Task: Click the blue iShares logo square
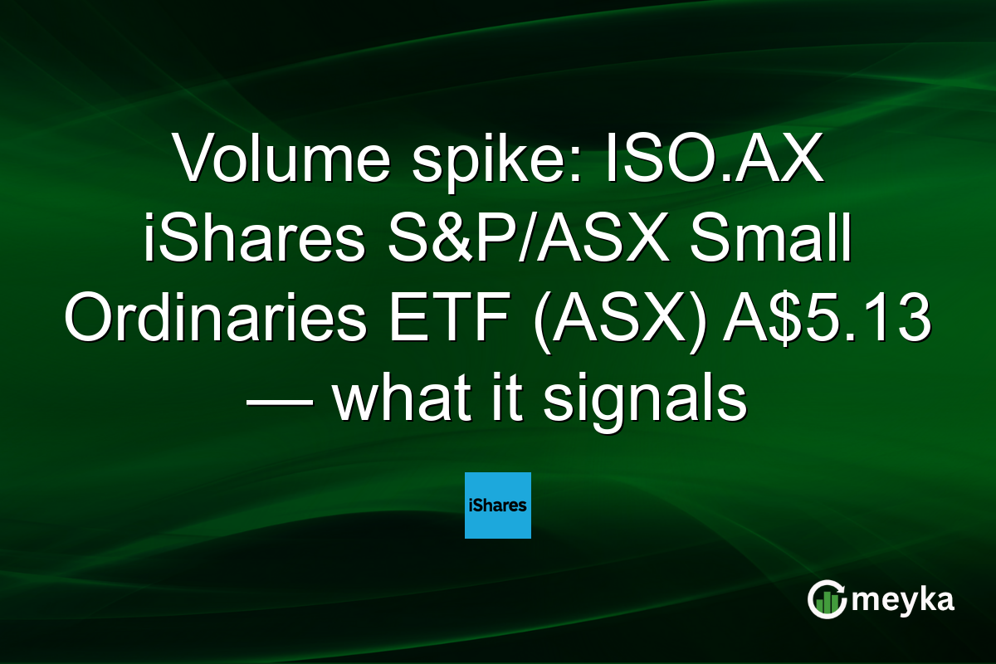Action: pos(498,505)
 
